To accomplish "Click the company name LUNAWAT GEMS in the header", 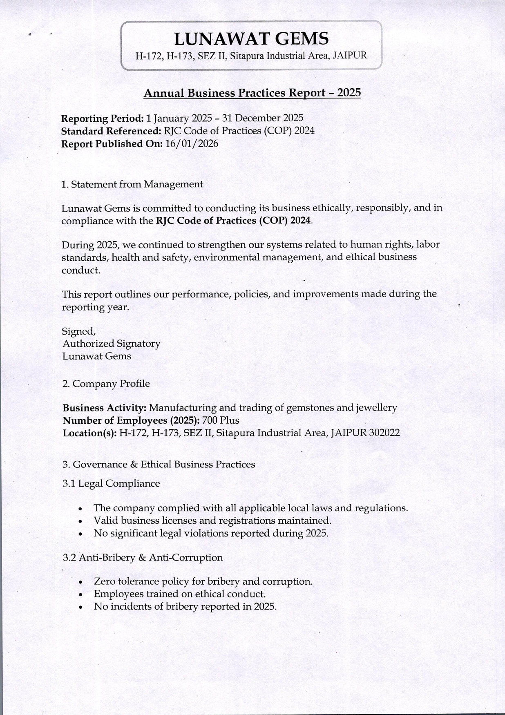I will tap(251, 39).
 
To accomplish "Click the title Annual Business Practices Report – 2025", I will tap(252, 93).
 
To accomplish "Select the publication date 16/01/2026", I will tap(192, 144).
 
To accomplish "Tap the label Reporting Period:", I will tap(102, 118).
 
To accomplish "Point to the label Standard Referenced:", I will tap(111, 131).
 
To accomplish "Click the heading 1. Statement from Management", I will tap(132, 184).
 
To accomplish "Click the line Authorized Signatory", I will tap(111, 344).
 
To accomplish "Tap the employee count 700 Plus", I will tap(221, 420).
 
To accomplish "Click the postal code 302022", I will tap(384, 433).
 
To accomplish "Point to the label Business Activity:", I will tap(105, 408).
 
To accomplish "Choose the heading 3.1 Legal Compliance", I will tap(111, 484).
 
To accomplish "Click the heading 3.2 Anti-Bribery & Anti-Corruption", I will tap(143, 558).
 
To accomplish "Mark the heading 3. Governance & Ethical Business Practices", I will tap(159, 465).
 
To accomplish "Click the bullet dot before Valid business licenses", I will tap(81, 522).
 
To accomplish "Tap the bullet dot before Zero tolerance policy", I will tap(81, 582).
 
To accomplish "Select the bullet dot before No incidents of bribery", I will tap(81, 608).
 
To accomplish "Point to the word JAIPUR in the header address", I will tap(350, 56).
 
